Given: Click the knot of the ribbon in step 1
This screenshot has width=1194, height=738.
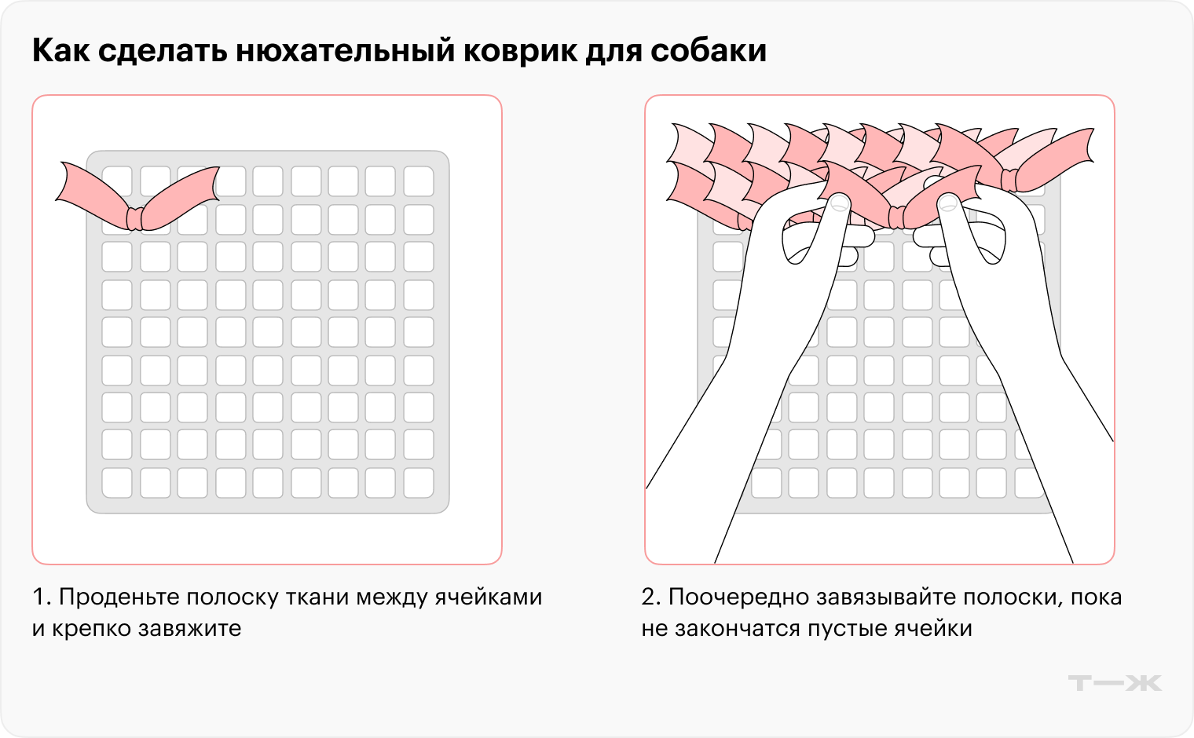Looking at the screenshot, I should click(136, 217).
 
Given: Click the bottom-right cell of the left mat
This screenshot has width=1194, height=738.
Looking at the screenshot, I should click(418, 482).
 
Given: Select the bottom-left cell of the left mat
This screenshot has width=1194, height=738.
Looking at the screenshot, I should click(117, 482).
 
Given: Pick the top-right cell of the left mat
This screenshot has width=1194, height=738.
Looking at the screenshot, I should click(418, 181).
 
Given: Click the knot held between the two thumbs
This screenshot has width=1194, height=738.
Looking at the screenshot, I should click(896, 216).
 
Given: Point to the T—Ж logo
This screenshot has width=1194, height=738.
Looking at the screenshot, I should click(1115, 683).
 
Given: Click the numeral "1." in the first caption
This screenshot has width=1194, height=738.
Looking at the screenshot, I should click(42, 597).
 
